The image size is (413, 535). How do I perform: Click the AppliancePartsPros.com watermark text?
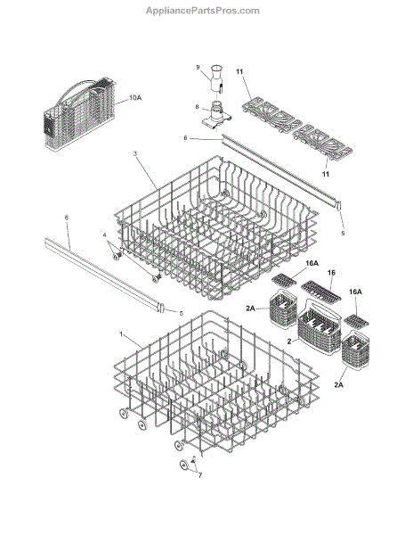[x=203, y=11]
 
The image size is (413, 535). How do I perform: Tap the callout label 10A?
[x=135, y=98]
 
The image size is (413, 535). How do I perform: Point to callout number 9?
[x=198, y=67]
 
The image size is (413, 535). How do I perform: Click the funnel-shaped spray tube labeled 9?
[x=216, y=78]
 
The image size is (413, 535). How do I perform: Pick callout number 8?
[x=197, y=107]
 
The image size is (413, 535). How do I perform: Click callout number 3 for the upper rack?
[x=135, y=153]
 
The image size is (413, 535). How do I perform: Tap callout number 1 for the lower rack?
[x=121, y=333]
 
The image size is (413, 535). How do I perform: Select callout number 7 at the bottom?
[x=200, y=475]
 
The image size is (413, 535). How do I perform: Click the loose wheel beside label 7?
[x=184, y=465]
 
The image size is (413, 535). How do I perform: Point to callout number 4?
[x=104, y=235]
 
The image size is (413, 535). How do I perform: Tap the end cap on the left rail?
[x=162, y=307]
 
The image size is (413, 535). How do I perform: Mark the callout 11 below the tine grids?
[x=326, y=174]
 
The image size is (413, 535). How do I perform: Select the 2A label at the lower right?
[x=339, y=385]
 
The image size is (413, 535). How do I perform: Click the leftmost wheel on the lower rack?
[x=125, y=413]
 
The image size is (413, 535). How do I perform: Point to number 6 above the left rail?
[x=67, y=217]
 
